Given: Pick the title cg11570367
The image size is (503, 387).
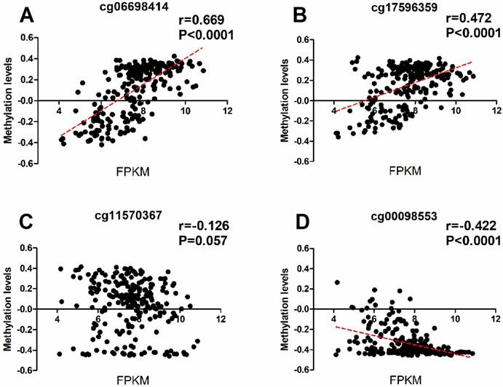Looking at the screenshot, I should [x=131, y=213].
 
